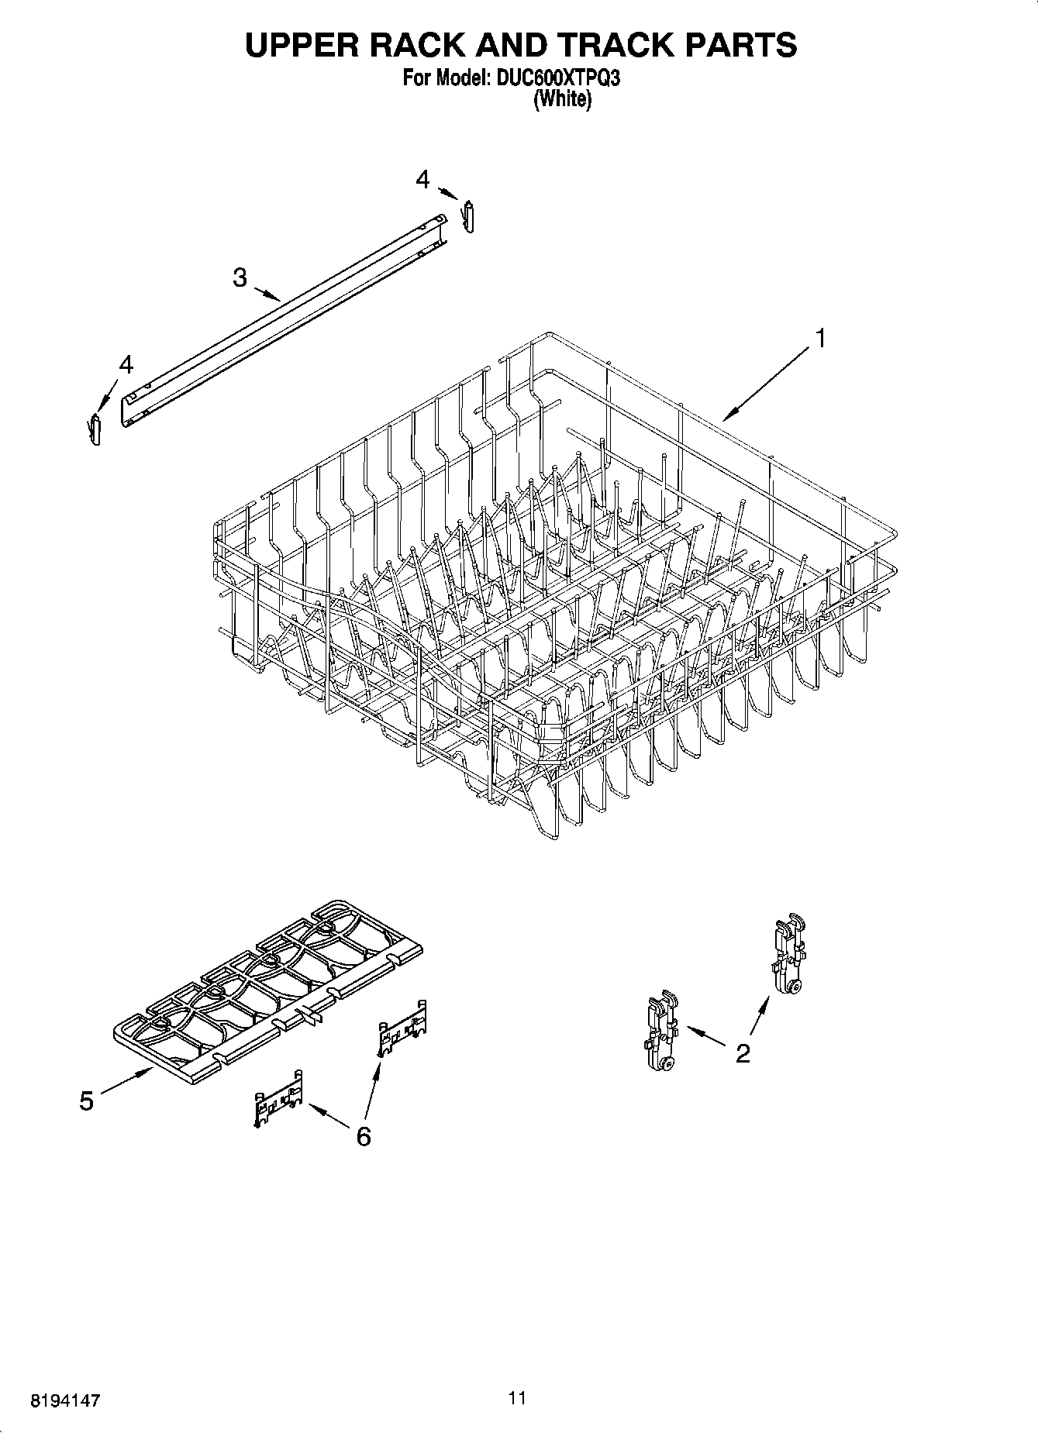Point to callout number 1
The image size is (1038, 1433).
[x=819, y=339]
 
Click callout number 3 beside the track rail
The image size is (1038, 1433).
[x=240, y=277]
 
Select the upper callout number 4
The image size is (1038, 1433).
[x=422, y=180]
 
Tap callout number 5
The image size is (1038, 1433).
[x=86, y=1101]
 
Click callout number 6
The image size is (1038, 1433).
[x=363, y=1135]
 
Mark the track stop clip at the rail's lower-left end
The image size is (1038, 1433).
[x=95, y=429]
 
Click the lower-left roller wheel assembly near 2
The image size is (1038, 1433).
[x=660, y=1035]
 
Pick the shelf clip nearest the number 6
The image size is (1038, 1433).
[x=278, y=1098]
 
